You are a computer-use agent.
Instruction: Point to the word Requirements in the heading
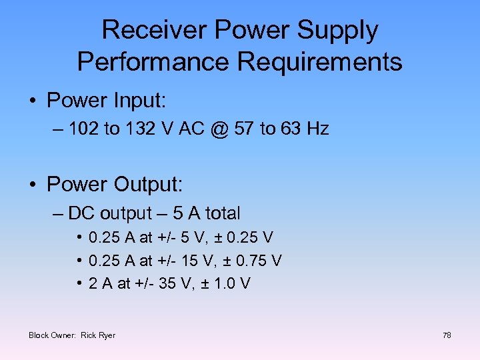[320, 62]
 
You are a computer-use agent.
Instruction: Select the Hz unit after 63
[317, 129]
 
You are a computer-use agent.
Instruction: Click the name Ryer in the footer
[107, 335]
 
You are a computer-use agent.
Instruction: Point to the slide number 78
[447, 335]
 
